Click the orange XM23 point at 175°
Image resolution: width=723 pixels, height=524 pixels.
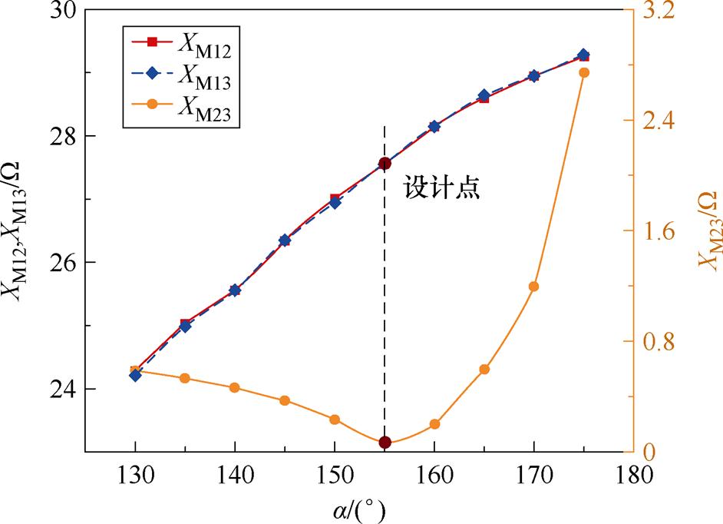(x=583, y=72)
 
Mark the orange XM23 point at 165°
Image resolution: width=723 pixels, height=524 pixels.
(x=484, y=370)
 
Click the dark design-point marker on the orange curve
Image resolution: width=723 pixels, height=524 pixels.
(x=385, y=443)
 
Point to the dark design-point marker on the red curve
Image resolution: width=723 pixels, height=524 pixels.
(x=385, y=163)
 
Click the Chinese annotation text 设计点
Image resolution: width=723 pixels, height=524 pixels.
(x=442, y=189)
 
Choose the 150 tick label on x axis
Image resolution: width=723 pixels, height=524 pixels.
(x=335, y=476)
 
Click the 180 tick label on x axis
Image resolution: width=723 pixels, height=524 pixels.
(x=632, y=476)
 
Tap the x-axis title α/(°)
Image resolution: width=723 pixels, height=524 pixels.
(x=359, y=508)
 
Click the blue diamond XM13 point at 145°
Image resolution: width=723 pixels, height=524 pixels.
(x=285, y=240)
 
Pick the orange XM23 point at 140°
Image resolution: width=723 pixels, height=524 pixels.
(x=235, y=387)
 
